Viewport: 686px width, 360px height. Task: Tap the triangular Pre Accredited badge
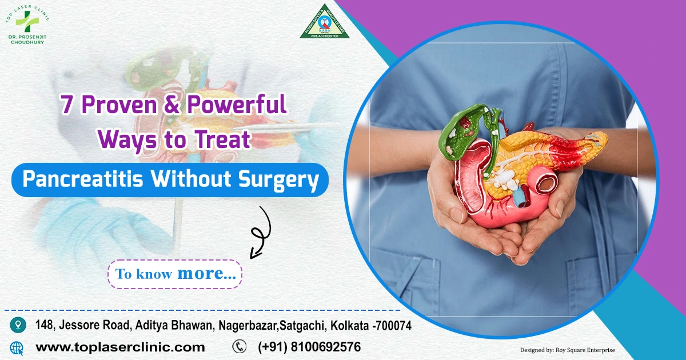coord(325,23)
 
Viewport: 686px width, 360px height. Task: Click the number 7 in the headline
coord(67,106)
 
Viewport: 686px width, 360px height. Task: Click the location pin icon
coord(18,325)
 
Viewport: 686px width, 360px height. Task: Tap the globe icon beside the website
coord(17,347)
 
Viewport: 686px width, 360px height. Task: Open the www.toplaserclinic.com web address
coord(120,347)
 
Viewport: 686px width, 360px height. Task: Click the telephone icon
coord(239,346)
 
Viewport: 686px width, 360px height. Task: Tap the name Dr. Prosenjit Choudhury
coord(27,39)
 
